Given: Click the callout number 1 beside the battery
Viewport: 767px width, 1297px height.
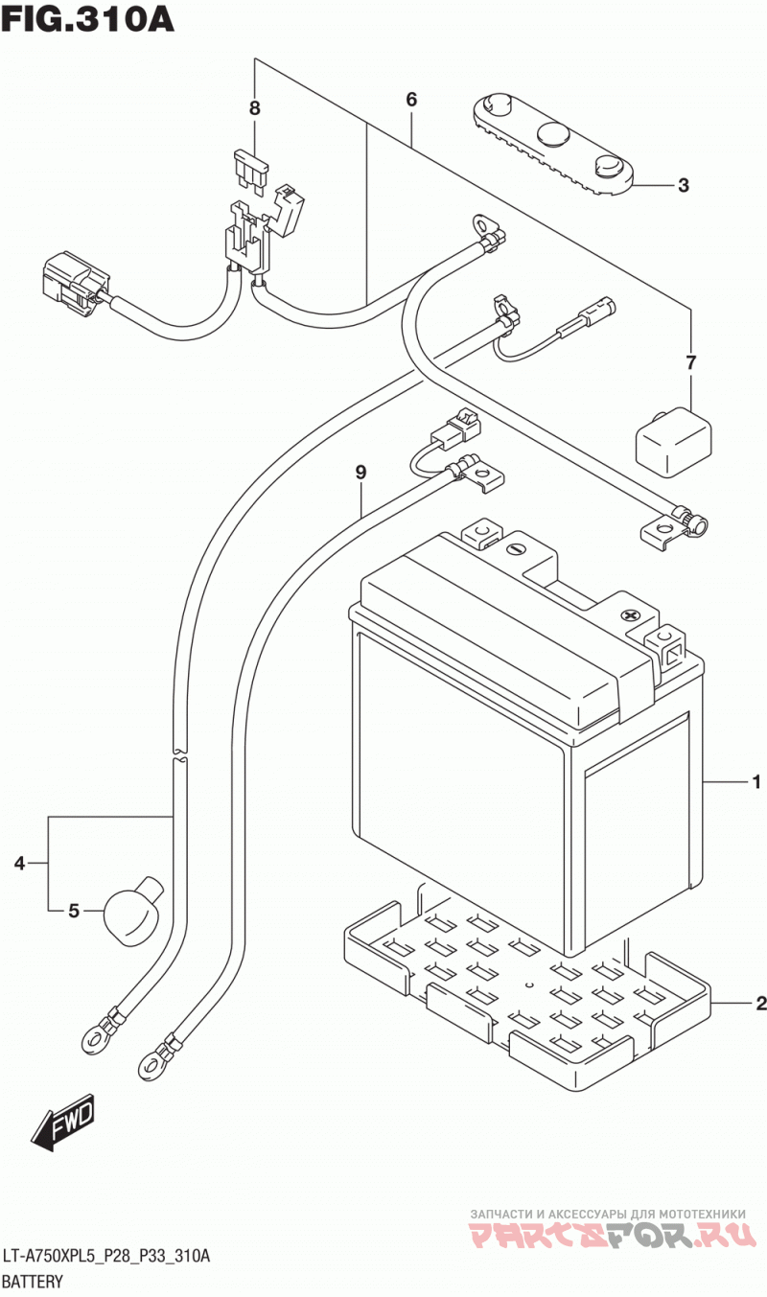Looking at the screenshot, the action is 755,783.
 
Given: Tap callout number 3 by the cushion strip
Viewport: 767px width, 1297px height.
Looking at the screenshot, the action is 684,185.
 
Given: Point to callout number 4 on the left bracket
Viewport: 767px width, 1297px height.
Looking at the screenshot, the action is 20,864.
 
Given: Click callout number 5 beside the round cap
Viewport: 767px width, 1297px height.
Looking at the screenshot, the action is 74,911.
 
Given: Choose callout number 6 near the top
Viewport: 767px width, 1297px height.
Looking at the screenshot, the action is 411,100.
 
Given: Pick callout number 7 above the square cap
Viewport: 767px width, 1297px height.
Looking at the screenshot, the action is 690,363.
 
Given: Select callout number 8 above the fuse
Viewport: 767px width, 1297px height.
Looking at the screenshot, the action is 255,107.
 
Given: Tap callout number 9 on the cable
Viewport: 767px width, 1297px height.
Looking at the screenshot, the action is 360,473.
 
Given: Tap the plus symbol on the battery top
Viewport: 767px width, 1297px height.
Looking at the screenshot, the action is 630,614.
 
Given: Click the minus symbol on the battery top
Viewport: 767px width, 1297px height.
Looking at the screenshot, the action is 515,549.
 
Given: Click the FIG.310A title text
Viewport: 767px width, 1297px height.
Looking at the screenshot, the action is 87,19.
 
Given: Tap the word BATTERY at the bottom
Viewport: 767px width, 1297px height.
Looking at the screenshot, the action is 32,1281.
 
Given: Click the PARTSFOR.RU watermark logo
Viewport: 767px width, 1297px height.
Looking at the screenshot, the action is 614,1233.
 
